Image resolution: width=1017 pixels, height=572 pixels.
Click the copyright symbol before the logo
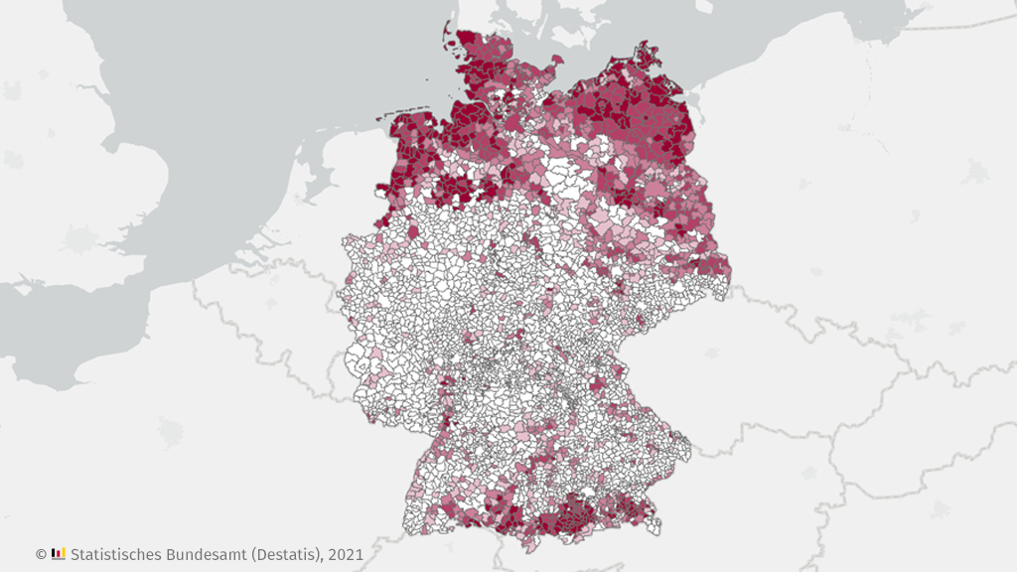(41, 553)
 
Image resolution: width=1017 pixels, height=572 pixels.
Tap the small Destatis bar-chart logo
(59, 552)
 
